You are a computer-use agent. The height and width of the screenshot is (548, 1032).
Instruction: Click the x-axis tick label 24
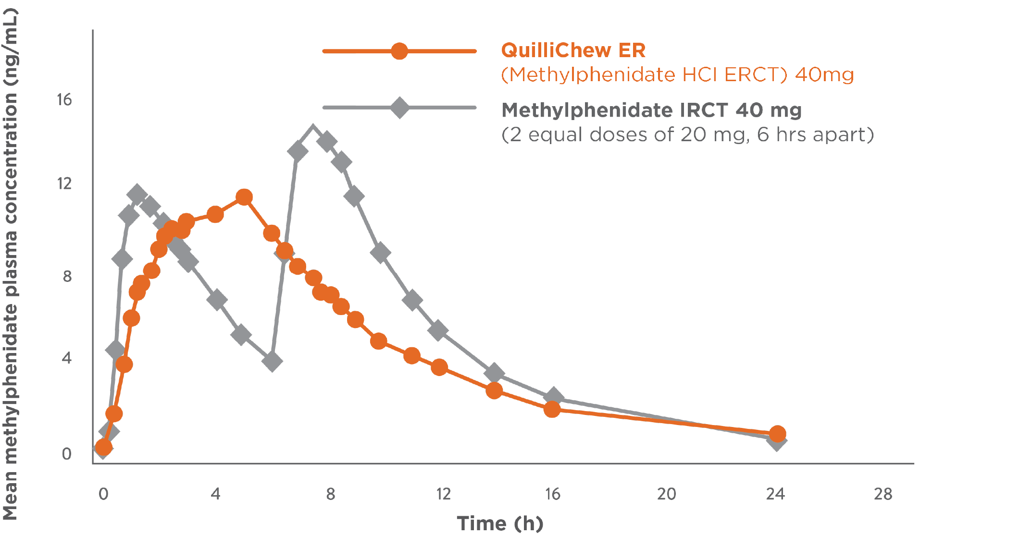click(x=774, y=494)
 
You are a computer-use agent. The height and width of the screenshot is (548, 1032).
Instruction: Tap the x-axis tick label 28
click(x=883, y=494)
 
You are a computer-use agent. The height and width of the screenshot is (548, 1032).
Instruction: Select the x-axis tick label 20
click(x=666, y=494)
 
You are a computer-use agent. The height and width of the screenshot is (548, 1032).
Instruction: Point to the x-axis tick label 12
click(x=443, y=494)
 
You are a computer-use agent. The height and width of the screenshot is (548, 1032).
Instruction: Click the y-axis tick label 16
click(x=64, y=100)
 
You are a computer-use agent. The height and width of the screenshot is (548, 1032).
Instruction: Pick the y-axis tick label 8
click(x=67, y=277)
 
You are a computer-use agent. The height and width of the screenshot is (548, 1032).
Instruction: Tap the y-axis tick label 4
click(x=67, y=358)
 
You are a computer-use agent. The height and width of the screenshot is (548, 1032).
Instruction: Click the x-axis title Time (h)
click(x=500, y=524)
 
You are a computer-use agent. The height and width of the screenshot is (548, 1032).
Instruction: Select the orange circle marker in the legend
click(x=399, y=51)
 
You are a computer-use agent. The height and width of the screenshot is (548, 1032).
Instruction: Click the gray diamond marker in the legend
click(x=399, y=107)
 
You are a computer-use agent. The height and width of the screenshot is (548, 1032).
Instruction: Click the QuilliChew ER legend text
click(x=573, y=50)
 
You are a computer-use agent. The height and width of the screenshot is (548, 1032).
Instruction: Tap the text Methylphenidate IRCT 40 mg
click(x=651, y=110)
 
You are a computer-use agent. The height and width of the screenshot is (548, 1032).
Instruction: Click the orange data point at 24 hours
click(x=777, y=434)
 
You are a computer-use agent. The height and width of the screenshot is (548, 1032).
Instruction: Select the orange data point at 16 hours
click(x=552, y=409)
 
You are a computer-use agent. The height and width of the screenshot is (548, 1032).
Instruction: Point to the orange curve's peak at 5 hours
click(x=244, y=197)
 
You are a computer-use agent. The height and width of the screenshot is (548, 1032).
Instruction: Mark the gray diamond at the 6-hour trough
click(x=272, y=361)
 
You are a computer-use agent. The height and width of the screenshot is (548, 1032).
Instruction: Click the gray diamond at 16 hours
click(x=554, y=397)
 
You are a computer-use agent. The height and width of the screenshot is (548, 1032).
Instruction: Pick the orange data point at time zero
click(x=104, y=448)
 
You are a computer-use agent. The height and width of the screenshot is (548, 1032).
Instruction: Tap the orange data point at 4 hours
click(x=215, y=214)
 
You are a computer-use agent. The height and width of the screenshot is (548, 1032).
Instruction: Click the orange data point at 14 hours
click(x=494, y=391)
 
